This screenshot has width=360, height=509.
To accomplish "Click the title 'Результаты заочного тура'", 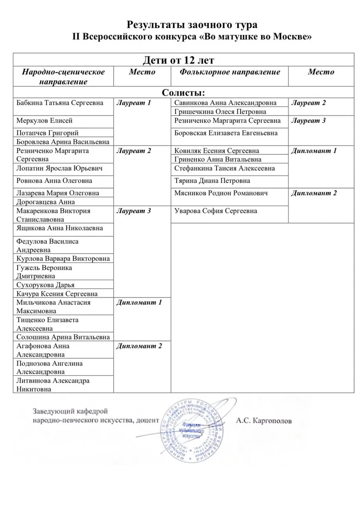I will (192, 25).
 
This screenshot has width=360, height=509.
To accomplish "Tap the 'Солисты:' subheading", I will (183, 92).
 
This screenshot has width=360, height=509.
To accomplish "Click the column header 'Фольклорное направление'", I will (230, 72).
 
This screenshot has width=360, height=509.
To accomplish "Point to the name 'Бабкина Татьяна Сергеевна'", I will (60, 103).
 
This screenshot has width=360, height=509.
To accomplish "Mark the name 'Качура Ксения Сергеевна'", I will (57, 294).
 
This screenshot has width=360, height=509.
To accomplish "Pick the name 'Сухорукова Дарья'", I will (45, 285).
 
